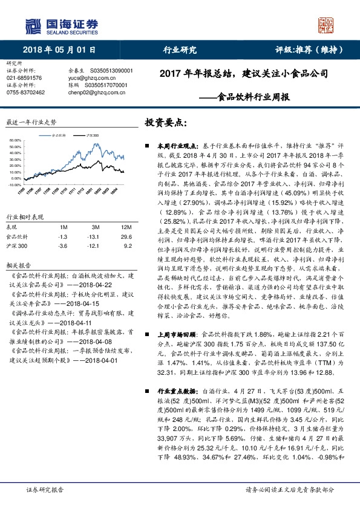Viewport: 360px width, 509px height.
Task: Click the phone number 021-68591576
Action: tap(24, 78)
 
